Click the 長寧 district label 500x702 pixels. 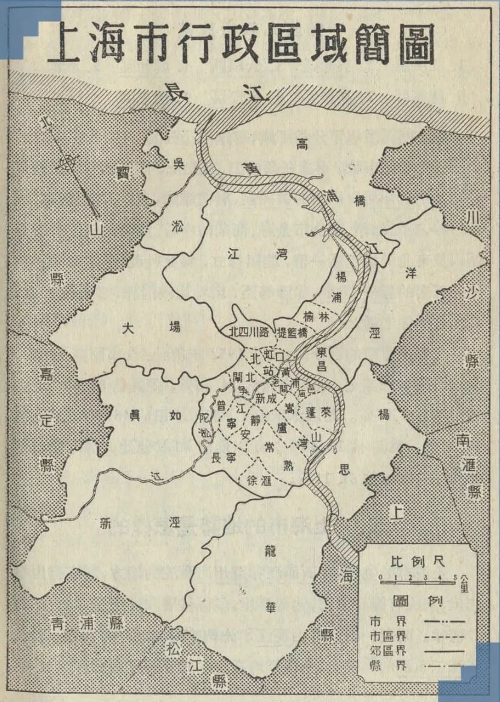click(x=224, y=457)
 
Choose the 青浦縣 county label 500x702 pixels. click(x=87, y=623)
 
